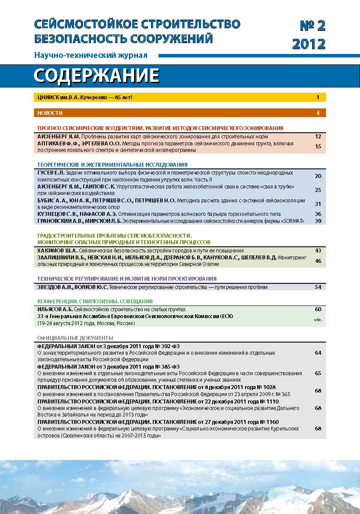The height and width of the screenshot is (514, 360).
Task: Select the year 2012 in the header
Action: (309, 44)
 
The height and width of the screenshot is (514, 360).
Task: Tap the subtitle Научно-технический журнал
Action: (91, 56)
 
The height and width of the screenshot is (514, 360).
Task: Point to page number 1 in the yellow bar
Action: (318, 97)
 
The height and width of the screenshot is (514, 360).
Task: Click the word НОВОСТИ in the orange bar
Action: (50, 113)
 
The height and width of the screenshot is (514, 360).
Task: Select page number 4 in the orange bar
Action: (318, 113)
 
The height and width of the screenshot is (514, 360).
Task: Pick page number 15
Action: (318, 146)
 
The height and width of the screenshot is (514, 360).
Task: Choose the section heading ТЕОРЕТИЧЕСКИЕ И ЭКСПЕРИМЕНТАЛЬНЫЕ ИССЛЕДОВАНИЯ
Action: (112, 165)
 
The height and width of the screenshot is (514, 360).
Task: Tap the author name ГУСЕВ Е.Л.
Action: (51, 173)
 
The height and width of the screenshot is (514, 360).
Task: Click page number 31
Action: (318, 204)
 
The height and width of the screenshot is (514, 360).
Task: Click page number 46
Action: (318, 261)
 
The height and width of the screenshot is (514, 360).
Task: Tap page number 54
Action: (318, 287)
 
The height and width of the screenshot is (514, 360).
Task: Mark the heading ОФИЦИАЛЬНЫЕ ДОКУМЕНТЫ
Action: (75, 338)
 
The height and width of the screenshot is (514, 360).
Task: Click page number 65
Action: (318, 373)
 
